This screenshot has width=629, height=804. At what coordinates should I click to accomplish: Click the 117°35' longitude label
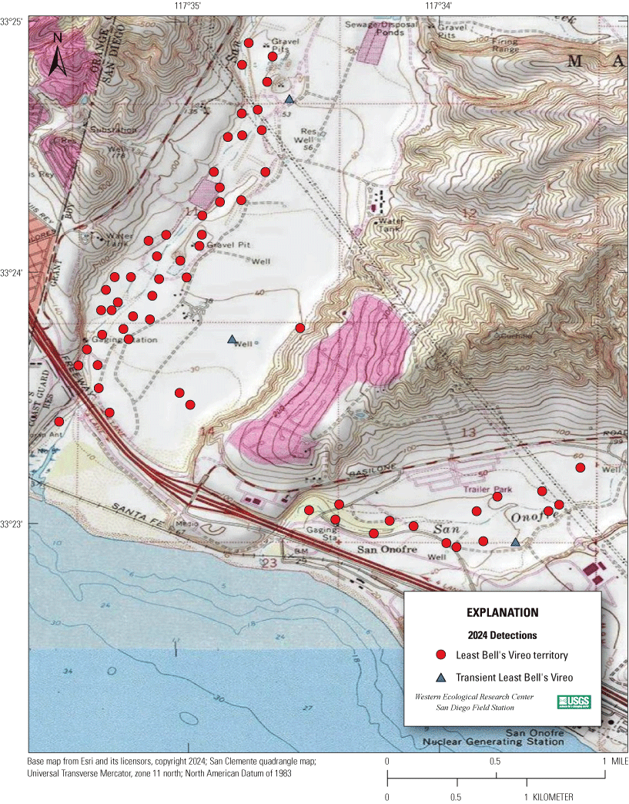pyautogui.click(x=187, y=6)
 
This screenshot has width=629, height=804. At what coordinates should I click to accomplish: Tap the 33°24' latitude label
pyautogui.click(x=13, y=273)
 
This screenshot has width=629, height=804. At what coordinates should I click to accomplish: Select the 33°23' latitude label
pyautogui.click(x=13, y=524)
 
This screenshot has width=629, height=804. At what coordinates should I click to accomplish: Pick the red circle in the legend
pyautogui.click(x=441, y=655)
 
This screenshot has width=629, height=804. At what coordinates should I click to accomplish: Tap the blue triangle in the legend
pyautogui.click(x=441, y=678)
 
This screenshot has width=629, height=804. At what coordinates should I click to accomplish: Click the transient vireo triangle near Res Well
pyautogui.click(x=289, y=99)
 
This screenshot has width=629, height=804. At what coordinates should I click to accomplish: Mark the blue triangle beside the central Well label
pyautogui.click(x=232, y=339)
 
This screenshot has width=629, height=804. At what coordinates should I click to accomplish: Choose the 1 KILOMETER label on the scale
pyautogui.click(x=545, y=796)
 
